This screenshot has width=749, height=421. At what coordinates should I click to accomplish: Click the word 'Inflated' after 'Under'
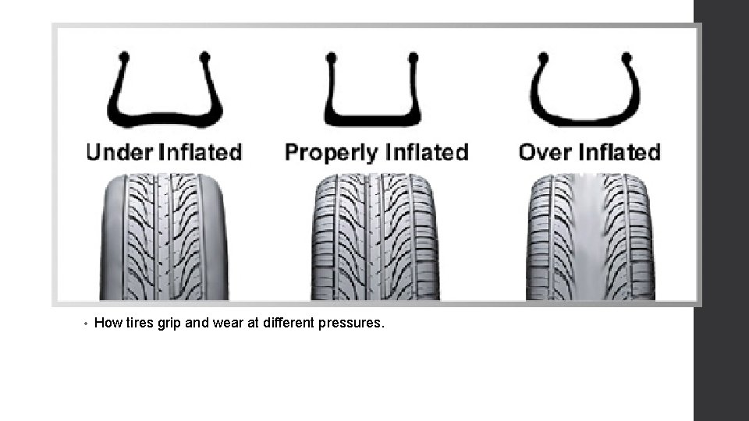200,151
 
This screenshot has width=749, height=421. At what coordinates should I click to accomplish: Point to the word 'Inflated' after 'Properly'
428,151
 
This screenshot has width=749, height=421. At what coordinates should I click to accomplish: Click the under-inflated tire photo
165,237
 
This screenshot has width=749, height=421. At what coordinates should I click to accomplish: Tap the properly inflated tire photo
375,237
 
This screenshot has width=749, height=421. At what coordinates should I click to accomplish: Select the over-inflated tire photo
592,237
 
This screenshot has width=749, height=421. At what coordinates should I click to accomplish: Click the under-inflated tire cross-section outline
165,117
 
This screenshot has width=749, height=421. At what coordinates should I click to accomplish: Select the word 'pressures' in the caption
351,323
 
